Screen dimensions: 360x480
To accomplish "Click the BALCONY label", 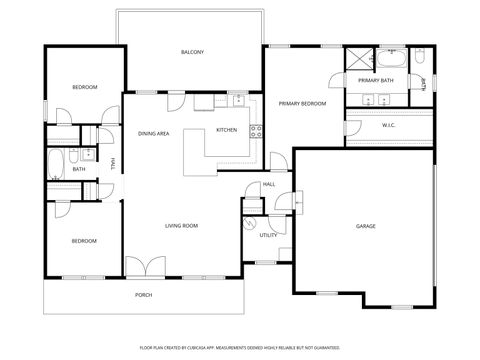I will [192, 51].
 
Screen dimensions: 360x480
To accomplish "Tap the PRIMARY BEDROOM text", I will [302, 103].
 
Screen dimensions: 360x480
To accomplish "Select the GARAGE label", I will [366, 226].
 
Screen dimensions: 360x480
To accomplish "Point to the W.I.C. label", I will [389, 125].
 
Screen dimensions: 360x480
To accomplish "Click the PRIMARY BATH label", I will [376, 79].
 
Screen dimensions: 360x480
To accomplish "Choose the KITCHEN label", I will [226, 130].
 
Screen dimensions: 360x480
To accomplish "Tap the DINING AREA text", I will [153, 133].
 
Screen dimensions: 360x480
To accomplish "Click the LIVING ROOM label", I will [181, 226].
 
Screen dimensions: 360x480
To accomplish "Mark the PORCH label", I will [144, 295].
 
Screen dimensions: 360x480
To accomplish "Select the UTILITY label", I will [268, 235].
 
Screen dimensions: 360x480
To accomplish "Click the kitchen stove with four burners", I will [256, 130].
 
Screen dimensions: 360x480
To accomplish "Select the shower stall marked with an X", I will [357, 56].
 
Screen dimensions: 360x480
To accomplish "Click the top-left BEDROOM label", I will [84, 87].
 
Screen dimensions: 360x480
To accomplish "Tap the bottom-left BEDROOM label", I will [83, 241].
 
